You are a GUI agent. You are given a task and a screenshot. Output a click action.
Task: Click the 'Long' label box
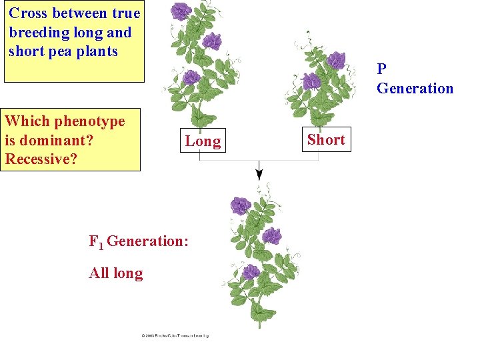tap(203, 141)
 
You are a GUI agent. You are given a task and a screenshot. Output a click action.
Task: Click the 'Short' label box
tap(326, 139)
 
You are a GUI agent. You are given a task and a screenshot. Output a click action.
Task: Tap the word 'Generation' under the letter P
tap(415, 88)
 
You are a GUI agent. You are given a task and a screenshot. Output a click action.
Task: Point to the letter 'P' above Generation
tap(381, 69)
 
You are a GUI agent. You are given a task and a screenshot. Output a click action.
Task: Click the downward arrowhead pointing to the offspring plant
tap(259, 175)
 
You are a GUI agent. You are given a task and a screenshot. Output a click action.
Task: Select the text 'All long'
tap(116, 273)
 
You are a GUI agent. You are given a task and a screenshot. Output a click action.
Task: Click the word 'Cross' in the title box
tap(27, 13)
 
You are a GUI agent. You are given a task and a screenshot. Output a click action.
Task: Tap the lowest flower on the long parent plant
tap(191, 78)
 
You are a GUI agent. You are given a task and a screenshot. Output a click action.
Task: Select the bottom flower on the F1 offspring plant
tap(251, 271)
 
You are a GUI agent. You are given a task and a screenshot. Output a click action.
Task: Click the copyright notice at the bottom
tap(175, 335)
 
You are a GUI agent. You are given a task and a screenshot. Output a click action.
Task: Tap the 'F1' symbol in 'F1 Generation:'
tap(97, 241)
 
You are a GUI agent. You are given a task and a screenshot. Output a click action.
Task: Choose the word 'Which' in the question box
tap(27, 121)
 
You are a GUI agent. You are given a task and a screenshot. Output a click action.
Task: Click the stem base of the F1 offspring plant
tap(259, 323)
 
